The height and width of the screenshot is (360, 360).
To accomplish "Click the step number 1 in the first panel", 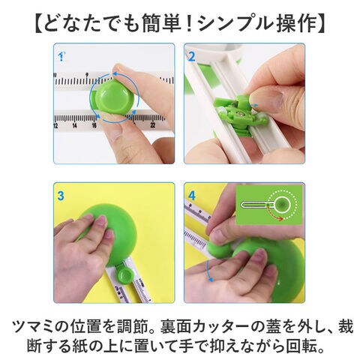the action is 61,56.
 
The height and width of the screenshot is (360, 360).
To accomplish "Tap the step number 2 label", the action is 191,57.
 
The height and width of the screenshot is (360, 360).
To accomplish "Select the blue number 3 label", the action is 61,196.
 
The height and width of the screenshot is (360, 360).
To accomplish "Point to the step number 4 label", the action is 192,196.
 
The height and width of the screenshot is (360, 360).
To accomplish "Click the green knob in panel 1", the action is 113,97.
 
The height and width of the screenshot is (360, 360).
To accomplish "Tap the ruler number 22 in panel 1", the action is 153,124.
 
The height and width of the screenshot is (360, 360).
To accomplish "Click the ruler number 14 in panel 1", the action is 74,125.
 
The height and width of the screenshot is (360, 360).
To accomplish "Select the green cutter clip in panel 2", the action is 239,112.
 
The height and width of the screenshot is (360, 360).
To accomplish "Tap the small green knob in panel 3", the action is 125,277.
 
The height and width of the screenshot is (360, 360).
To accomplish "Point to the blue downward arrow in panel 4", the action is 208,271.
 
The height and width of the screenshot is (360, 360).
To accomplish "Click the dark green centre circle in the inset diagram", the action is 283,204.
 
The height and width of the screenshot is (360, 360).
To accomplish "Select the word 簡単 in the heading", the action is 158,24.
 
